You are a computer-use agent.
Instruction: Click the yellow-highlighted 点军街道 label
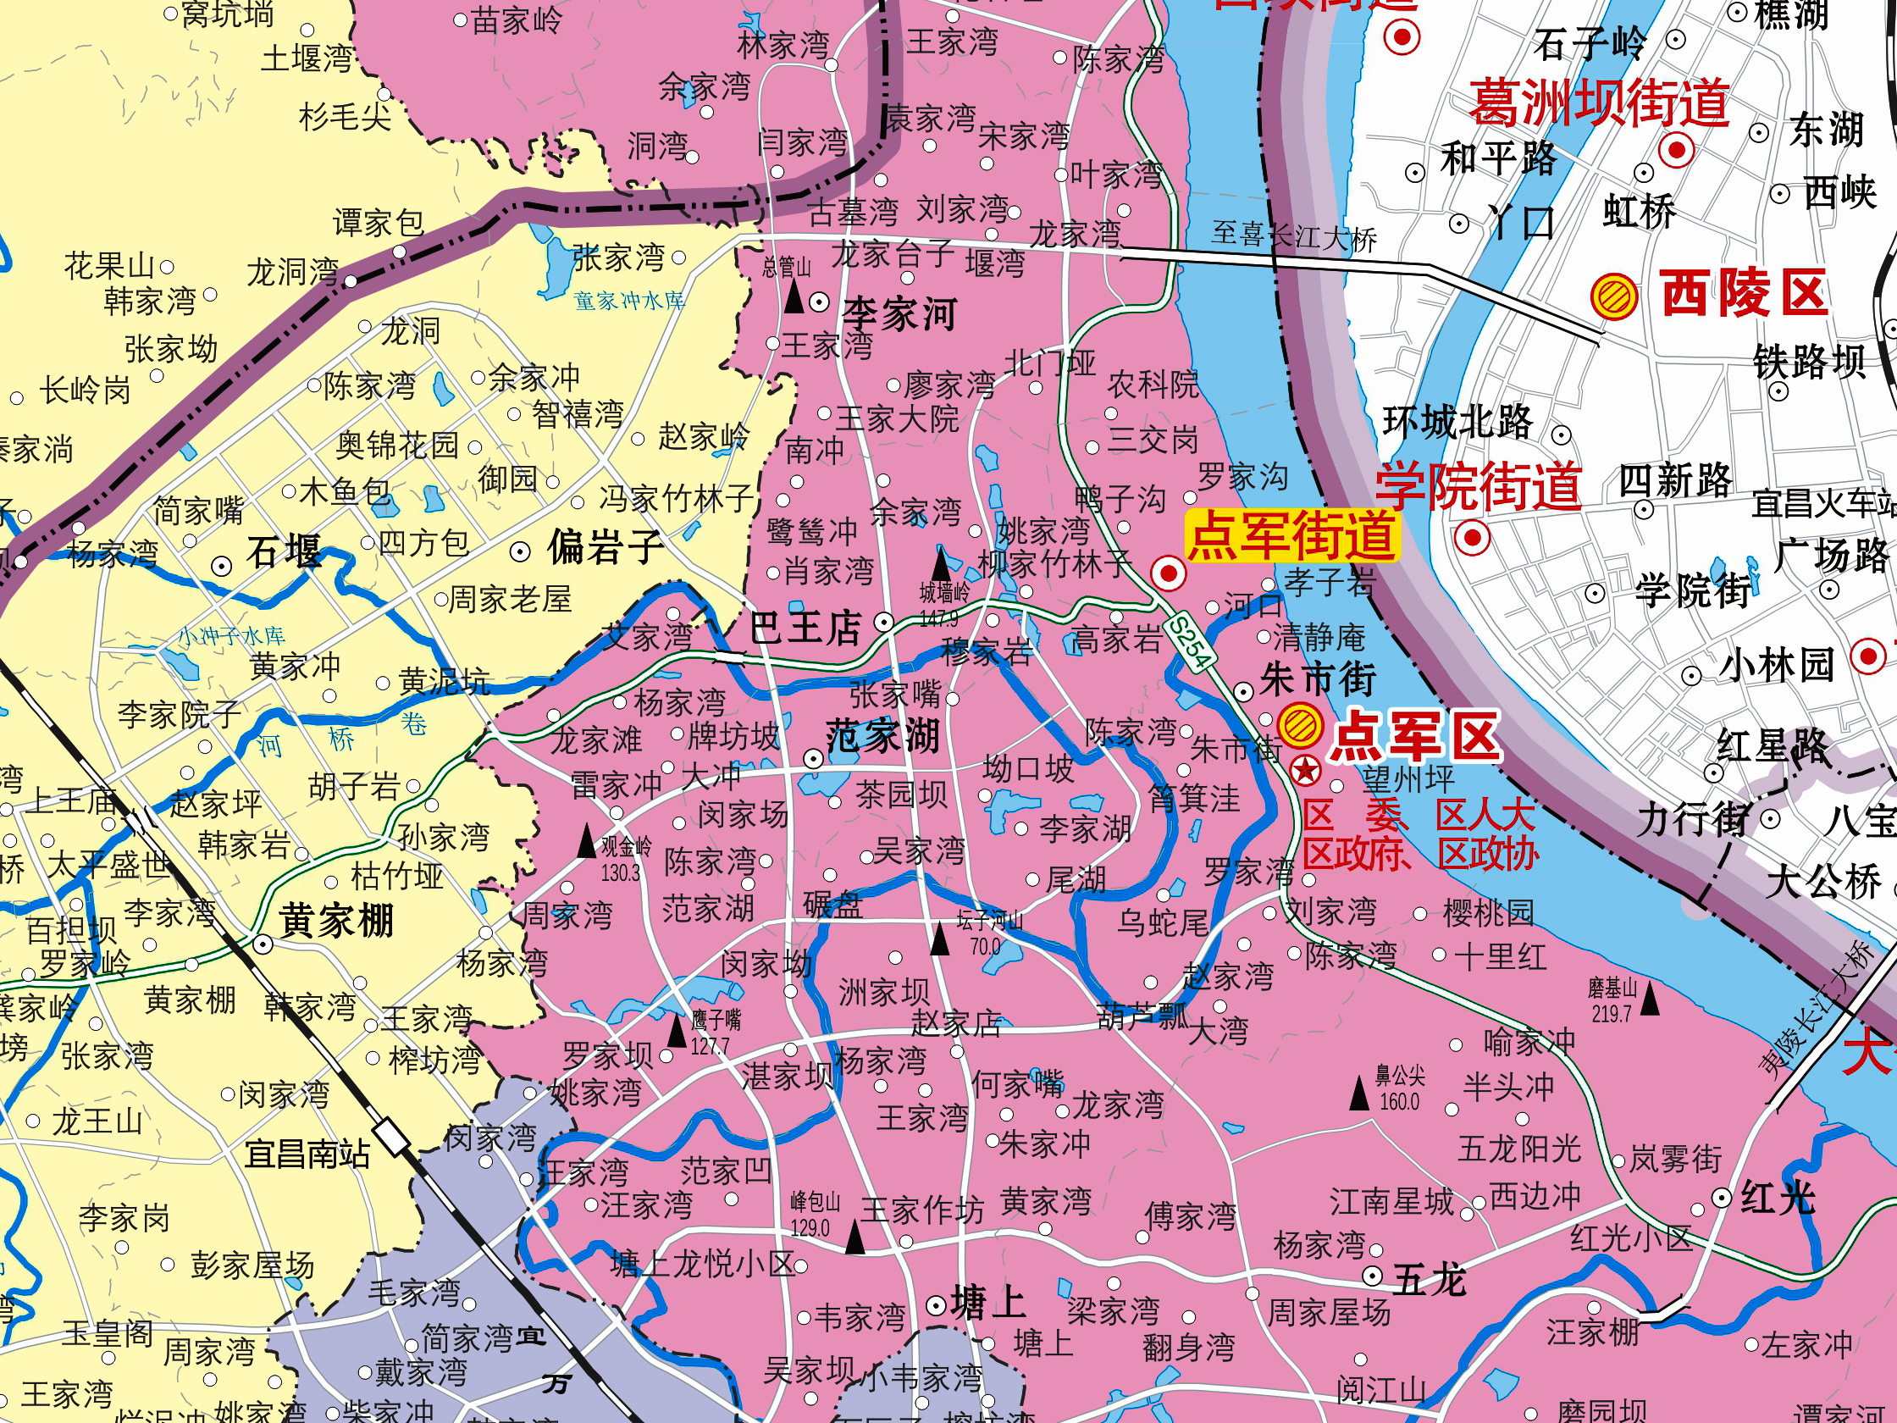click(1292, 536)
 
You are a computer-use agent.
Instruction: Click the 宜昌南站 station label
click(307, 1154)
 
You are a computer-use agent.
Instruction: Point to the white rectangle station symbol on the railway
click(393, 1138)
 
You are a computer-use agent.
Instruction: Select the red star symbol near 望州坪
click(1305, 770)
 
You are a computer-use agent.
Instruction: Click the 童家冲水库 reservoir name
click(628, 300)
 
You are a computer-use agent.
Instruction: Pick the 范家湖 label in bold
click(882, 736)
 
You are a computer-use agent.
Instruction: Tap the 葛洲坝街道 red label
click(1600, 103)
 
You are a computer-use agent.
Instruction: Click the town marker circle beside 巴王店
click(884, 622)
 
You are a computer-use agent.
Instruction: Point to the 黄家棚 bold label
click(336, 922)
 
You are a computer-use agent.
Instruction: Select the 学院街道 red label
click(1479, 486)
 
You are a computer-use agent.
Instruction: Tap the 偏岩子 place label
click(606, 547)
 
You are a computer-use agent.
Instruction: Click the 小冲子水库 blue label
click(230, 635)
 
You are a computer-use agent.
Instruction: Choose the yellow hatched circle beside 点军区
click(1300, 726)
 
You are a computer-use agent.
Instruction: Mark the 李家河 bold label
click(899, 314)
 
